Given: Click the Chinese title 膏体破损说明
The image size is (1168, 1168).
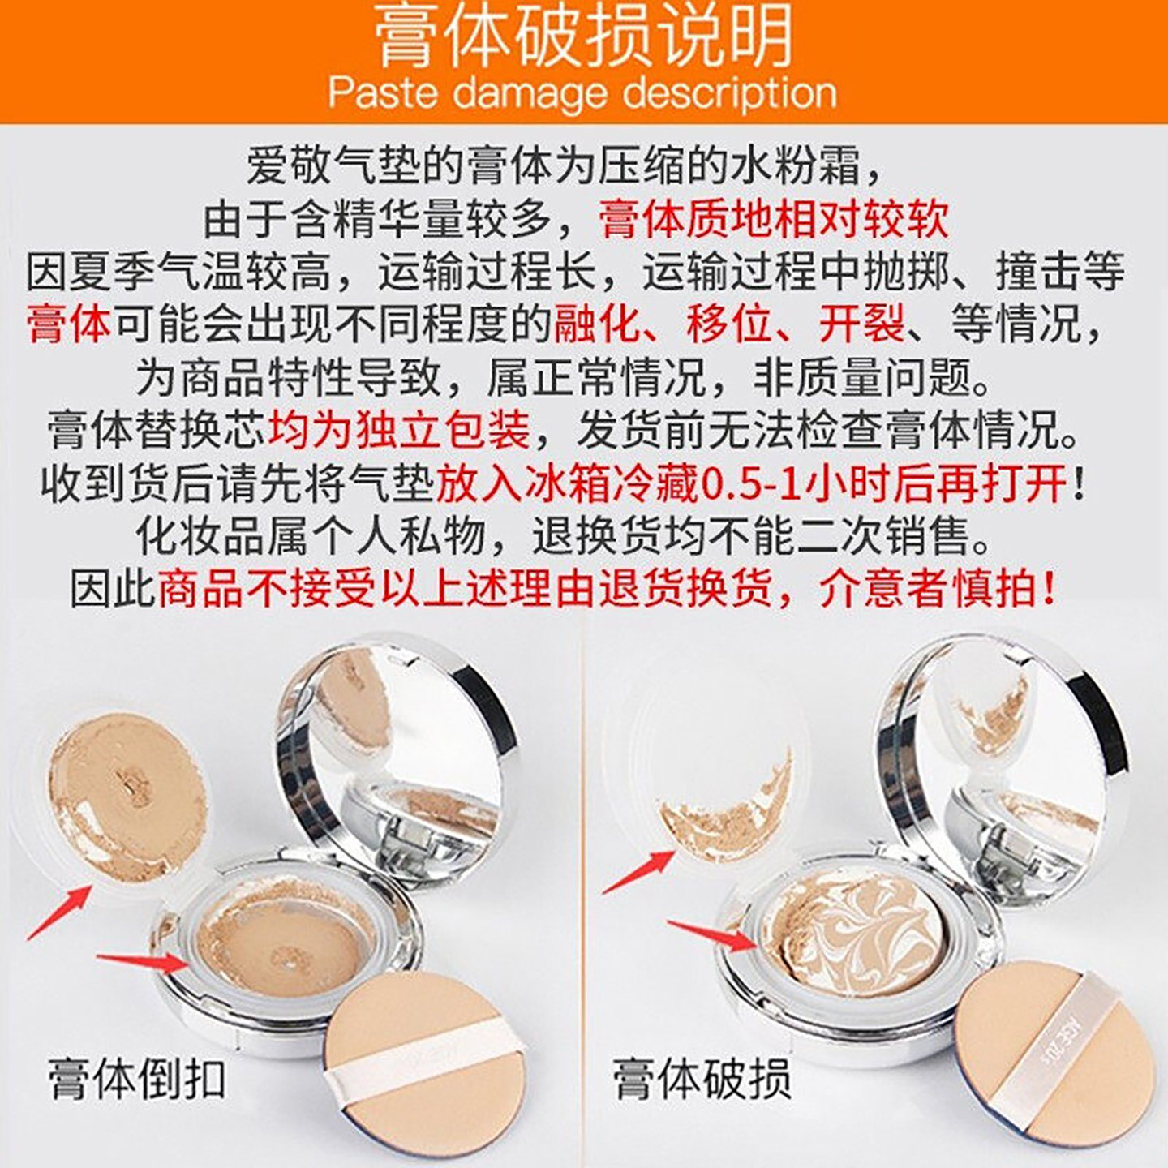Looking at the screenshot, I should coord(582,36).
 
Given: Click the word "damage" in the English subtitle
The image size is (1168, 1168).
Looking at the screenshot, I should coord(532,93).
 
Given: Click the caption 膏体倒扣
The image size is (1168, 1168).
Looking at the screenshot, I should coord(136,1079).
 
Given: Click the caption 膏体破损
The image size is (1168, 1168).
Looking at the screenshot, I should coord(701,1079).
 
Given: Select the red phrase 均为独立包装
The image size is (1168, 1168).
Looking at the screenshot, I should coord(398,430).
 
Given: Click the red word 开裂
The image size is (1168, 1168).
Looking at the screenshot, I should coord(861,324).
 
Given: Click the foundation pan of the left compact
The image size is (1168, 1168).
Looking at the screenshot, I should coord(280,941).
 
